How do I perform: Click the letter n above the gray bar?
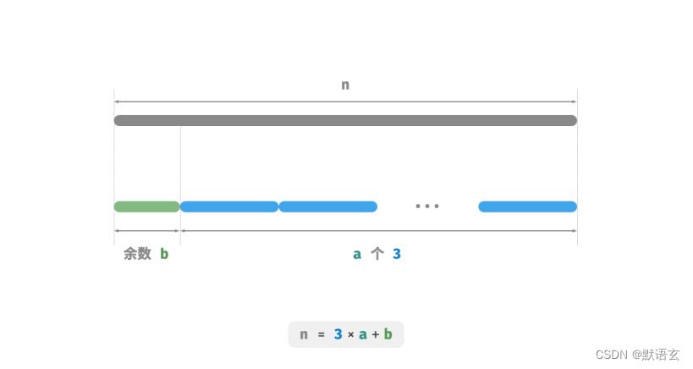pyautogui.click(x=345, y=85)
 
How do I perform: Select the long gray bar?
pyautogui.click(x=345, y=120)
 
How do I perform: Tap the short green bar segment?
pyautogui.click(x=146, y=207)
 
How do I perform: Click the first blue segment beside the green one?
pyautogui.click(x=229, y=207)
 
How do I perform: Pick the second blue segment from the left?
pyautogui.click(x=328, y=207)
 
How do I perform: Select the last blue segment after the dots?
pyautogui.click(x=527, y=207)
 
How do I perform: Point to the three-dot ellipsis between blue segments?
pyautogui.click(x=427, y=207)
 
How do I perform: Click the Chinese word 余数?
pyautogui.click(x=137, y=253)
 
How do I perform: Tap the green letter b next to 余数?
pyautogui.click(x=164, y=253)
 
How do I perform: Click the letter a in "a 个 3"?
pyautogui.click(x=357, y=253)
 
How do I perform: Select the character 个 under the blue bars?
pyautogui.click(x=377, y=253)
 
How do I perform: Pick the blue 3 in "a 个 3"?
pyautogui.click(x=397, y=253)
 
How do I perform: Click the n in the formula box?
pyautogui.click(x=304, y=334)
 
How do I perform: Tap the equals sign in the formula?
pyautogui.click(x=322, y=334)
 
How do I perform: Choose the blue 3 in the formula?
pyautogui.click(x=338, y=334)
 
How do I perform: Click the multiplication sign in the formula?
pyautogui.click(x=351, y=334)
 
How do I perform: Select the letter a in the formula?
pyautogui.click(x=363, y=334)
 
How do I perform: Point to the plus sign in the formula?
pyautogui.click(x=376, y=334)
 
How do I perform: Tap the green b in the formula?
pyautogui.click(x=388, y=334)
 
